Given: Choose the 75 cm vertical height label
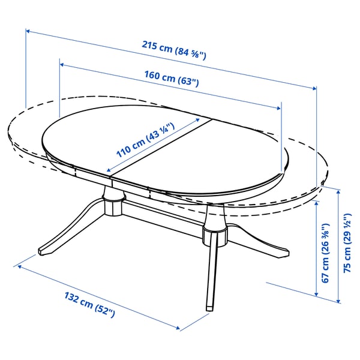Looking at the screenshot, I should point(346,253).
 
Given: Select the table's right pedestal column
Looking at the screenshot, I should point(212,231).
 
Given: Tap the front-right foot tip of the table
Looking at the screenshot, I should point(209,307).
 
